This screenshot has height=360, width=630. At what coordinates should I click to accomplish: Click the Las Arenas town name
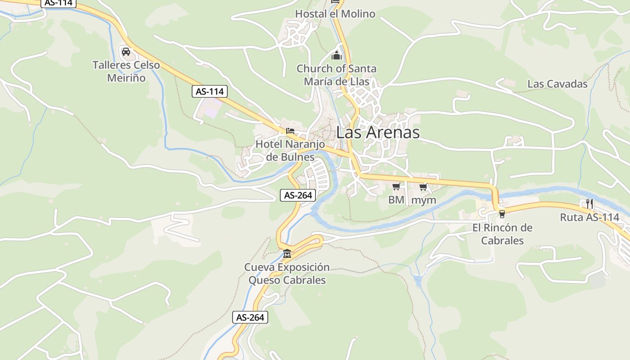378,132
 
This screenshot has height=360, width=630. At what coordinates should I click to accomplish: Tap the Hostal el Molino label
335,14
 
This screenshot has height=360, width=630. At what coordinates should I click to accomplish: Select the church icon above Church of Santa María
337,56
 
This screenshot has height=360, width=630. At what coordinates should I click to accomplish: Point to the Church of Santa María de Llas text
337,75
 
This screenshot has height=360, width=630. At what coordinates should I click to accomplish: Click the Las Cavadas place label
557,84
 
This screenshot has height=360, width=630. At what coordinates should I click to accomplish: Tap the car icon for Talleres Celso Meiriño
126,52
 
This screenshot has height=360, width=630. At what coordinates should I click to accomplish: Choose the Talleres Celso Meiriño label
126,72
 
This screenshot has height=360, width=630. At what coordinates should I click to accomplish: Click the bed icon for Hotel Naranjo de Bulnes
290,131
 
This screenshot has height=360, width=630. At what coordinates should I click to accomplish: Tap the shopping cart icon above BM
396,186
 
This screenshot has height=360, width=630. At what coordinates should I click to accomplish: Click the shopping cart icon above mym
423,186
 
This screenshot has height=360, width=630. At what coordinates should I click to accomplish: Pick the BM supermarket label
396,200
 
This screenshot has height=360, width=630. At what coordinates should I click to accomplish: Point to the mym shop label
424,200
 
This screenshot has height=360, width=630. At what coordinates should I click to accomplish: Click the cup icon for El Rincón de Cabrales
502,214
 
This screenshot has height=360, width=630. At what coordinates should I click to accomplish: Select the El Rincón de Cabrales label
502,234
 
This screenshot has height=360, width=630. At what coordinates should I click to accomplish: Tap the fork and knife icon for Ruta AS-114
589,204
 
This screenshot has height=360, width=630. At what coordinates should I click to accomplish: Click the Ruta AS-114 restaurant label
589,217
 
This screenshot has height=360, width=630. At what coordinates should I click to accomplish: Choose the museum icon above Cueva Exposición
287,253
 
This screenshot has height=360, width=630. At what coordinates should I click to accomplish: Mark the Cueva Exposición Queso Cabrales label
287,274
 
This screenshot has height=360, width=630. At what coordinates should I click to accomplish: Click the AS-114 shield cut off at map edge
59,3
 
